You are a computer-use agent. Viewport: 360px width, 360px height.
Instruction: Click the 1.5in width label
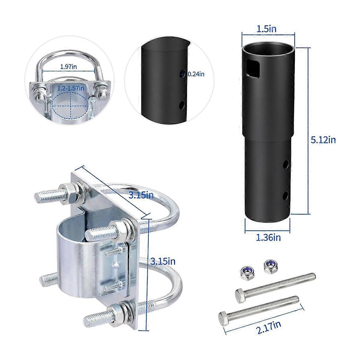tap(266, 29)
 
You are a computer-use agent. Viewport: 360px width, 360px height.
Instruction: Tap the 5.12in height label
tap(323, 140)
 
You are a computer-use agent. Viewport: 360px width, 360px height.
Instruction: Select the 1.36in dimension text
tap(268, 238)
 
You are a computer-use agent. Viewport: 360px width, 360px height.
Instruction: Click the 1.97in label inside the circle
tap(69, 67)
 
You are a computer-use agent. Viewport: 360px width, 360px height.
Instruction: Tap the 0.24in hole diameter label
tap(196, 74)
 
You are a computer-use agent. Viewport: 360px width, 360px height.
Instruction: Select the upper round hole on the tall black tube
tap(286, 164)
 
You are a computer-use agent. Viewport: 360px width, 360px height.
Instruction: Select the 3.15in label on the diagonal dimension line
tap(141, 195)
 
